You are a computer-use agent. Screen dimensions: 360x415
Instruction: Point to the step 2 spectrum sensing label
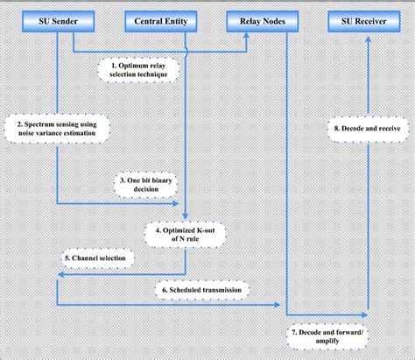pos(55,130)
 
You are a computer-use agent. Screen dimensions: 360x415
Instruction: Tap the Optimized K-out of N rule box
pos(184,235)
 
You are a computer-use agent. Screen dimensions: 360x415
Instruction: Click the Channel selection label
pos(98,258)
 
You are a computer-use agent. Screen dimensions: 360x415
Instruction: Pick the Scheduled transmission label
pos(203,289)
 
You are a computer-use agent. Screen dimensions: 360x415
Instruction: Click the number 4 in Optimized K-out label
pos(156,229)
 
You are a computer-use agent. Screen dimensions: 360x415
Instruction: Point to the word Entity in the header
pos(176,19)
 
